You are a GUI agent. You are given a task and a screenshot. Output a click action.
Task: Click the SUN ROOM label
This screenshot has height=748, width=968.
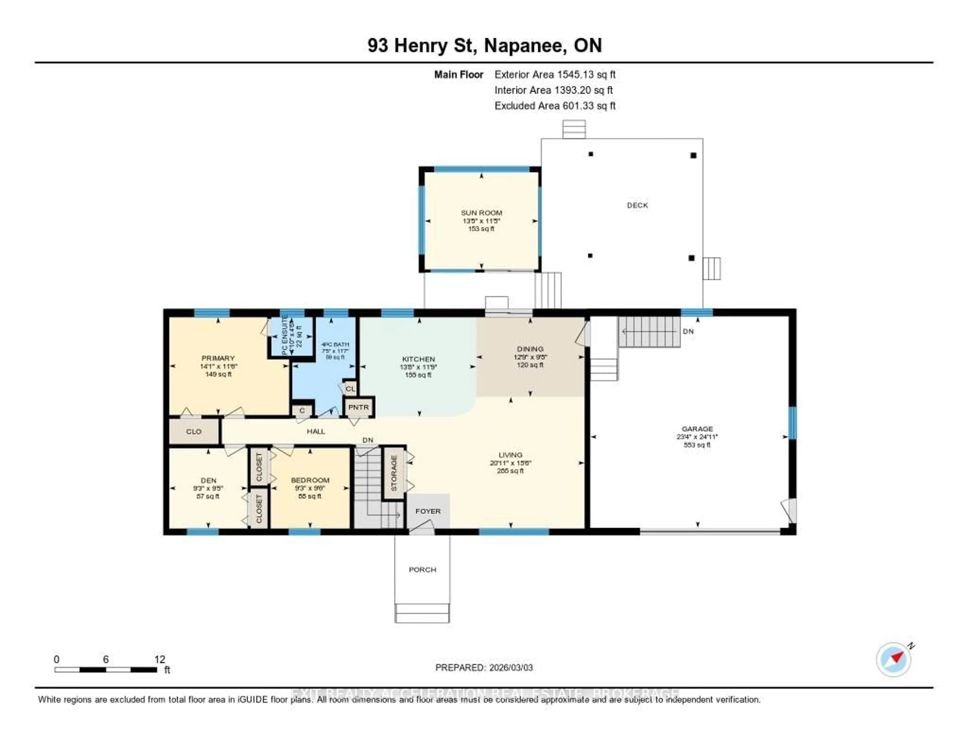click(x=481, y=213)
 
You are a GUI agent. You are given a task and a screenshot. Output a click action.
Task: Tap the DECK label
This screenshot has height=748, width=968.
click(x=637, y=205)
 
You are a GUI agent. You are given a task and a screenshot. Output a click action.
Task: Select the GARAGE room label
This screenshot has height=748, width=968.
click(x=697, y=429)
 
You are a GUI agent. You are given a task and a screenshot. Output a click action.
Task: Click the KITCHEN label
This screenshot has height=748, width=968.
click(x=418, y=359)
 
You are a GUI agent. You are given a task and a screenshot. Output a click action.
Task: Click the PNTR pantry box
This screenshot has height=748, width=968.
click(x=358, y=407)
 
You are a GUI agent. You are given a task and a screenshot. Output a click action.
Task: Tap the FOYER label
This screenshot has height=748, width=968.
click(x=428, y=511)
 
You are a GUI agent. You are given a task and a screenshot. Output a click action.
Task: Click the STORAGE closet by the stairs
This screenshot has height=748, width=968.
click(x=394, y=473)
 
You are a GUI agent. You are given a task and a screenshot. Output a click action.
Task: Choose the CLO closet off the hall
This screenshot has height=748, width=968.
click(x=194, y=431)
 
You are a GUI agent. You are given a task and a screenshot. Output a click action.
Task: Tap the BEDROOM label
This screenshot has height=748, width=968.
click(x=310, y=480)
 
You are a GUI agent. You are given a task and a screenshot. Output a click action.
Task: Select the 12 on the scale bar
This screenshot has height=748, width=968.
click(x=160, y=659)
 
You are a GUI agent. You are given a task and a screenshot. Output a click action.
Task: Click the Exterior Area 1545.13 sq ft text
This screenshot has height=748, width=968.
click(x=555, y=74)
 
